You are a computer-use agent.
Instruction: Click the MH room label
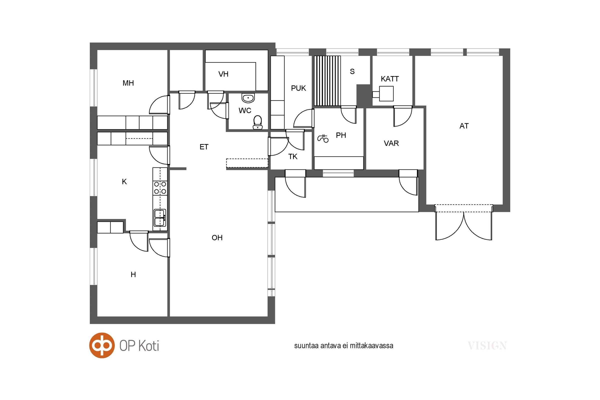coord(128,83)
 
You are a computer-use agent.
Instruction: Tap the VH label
coord(223,74)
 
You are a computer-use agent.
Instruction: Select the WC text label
coord(245,110)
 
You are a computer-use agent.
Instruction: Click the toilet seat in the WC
coord(258,122)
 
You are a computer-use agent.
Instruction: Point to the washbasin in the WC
coord(248,98)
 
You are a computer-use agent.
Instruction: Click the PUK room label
coord(298,88)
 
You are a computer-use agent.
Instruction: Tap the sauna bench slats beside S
coord(327,80)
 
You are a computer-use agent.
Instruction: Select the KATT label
coord(389,79)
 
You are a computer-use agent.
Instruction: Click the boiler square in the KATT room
coord(386,93)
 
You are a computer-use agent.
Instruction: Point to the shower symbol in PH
coord(323,138)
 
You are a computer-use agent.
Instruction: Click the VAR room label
coord(391,143)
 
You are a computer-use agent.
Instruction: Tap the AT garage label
coord(464,126)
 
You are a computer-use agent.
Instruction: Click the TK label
coord(293,157)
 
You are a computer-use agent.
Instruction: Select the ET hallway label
coord(204,147)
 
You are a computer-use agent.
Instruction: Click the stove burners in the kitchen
coord(160,188)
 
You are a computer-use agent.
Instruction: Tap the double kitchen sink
coord(160,217)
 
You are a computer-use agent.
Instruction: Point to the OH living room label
coord(217,238)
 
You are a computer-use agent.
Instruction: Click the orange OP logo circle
coord(102,345)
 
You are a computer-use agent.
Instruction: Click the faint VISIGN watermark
coord(487,346)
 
